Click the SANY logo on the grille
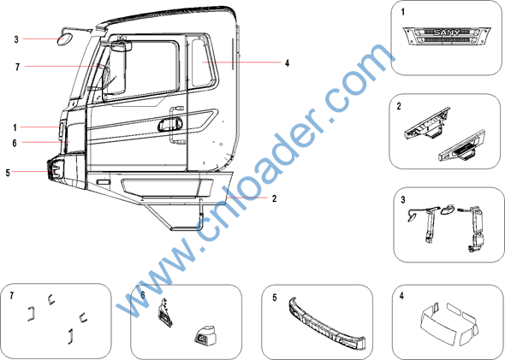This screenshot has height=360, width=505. (447, 32)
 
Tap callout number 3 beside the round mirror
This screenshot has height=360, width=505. (16, 39)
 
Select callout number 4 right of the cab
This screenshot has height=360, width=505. (287, 62)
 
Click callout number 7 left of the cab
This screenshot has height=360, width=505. (17, 67)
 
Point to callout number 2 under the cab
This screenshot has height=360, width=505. (274, 198)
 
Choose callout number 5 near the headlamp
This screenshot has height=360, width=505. (8, 173)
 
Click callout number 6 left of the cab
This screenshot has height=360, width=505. (15, 143)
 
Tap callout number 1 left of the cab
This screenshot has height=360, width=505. (15, 127)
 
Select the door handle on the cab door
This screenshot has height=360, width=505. (170, 124)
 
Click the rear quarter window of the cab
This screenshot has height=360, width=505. (203, 62)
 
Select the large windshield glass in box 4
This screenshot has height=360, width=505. (440, 322)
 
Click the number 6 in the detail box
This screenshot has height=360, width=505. (143, 295)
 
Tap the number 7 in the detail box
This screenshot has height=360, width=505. (12, 295)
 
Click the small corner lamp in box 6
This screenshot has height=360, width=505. (205, 334)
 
